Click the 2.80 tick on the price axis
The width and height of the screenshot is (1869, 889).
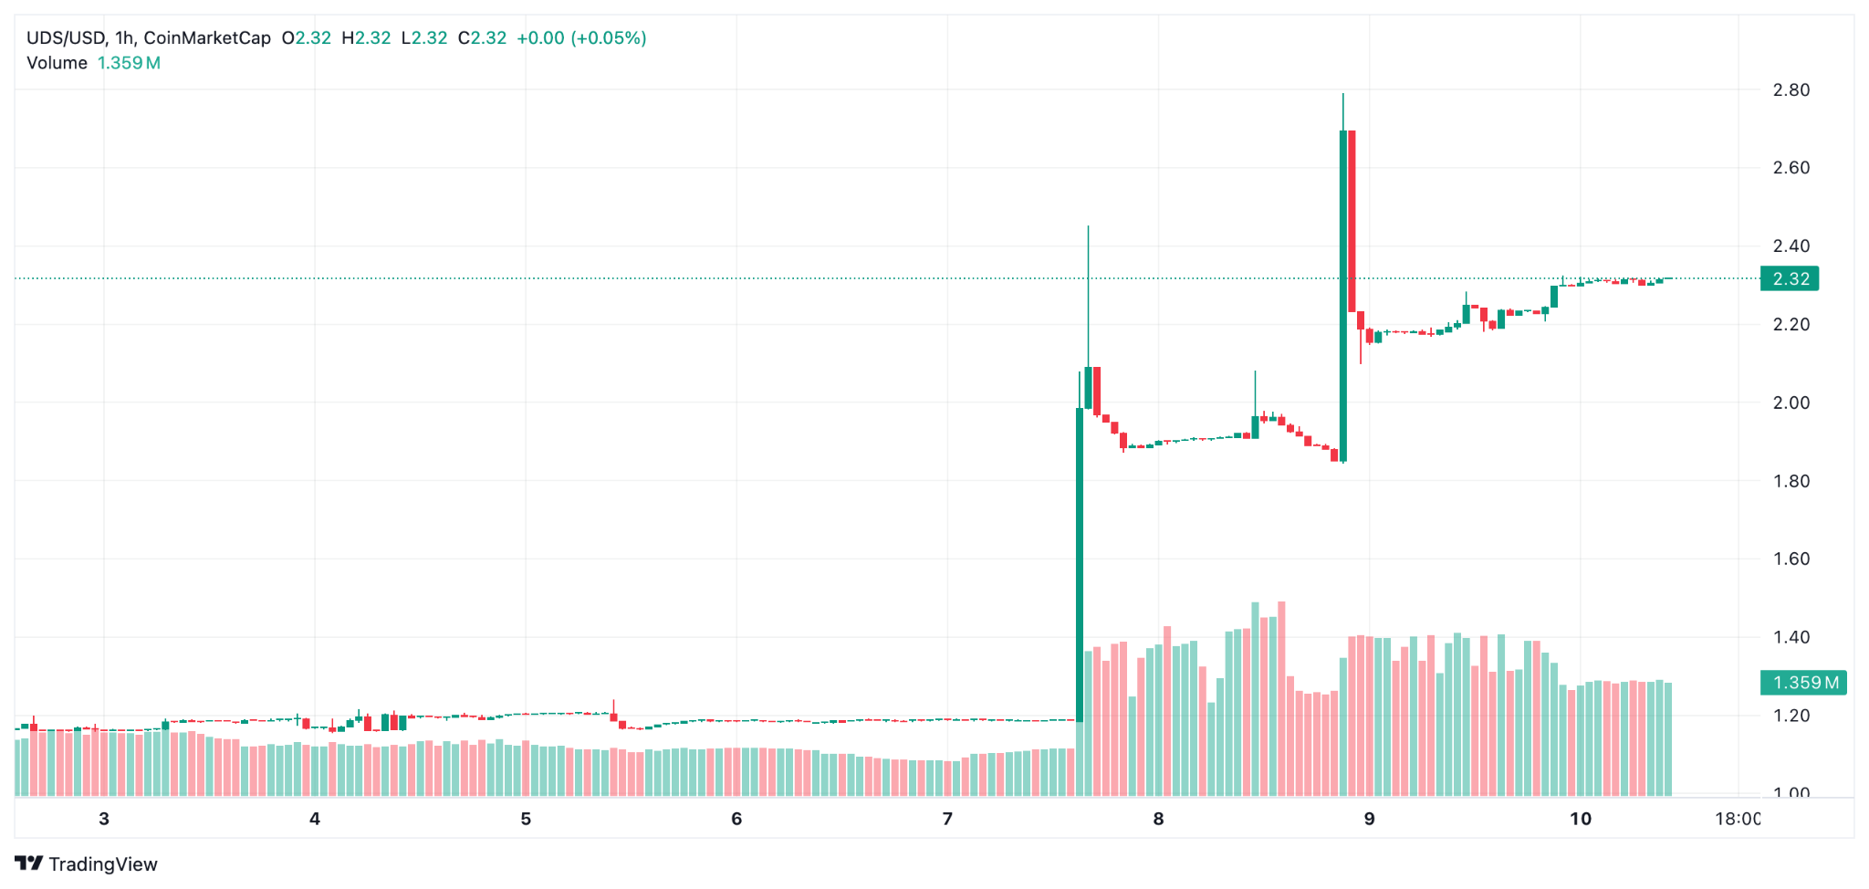1791,89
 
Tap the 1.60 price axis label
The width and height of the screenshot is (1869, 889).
1791,559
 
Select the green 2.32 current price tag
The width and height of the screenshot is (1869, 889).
1790,278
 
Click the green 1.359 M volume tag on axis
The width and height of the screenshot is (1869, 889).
1803,683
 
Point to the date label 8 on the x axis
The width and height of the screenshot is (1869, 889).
1158,819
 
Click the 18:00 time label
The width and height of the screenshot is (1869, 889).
1738,819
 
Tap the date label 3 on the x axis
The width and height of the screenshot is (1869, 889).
104,819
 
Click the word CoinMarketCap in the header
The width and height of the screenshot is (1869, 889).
207,38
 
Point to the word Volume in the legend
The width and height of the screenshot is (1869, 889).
57,63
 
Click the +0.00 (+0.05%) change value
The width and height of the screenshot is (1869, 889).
581,38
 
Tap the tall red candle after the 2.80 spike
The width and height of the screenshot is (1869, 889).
1352,219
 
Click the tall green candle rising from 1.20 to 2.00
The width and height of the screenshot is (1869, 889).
1080,566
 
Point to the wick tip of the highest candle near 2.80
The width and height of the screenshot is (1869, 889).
1342,94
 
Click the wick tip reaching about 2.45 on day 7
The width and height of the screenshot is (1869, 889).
1088,226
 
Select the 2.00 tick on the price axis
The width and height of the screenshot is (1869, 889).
1791,403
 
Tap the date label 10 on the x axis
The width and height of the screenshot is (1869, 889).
1581,819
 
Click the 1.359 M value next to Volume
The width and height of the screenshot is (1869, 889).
129,63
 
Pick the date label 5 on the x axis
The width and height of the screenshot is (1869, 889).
526,819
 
